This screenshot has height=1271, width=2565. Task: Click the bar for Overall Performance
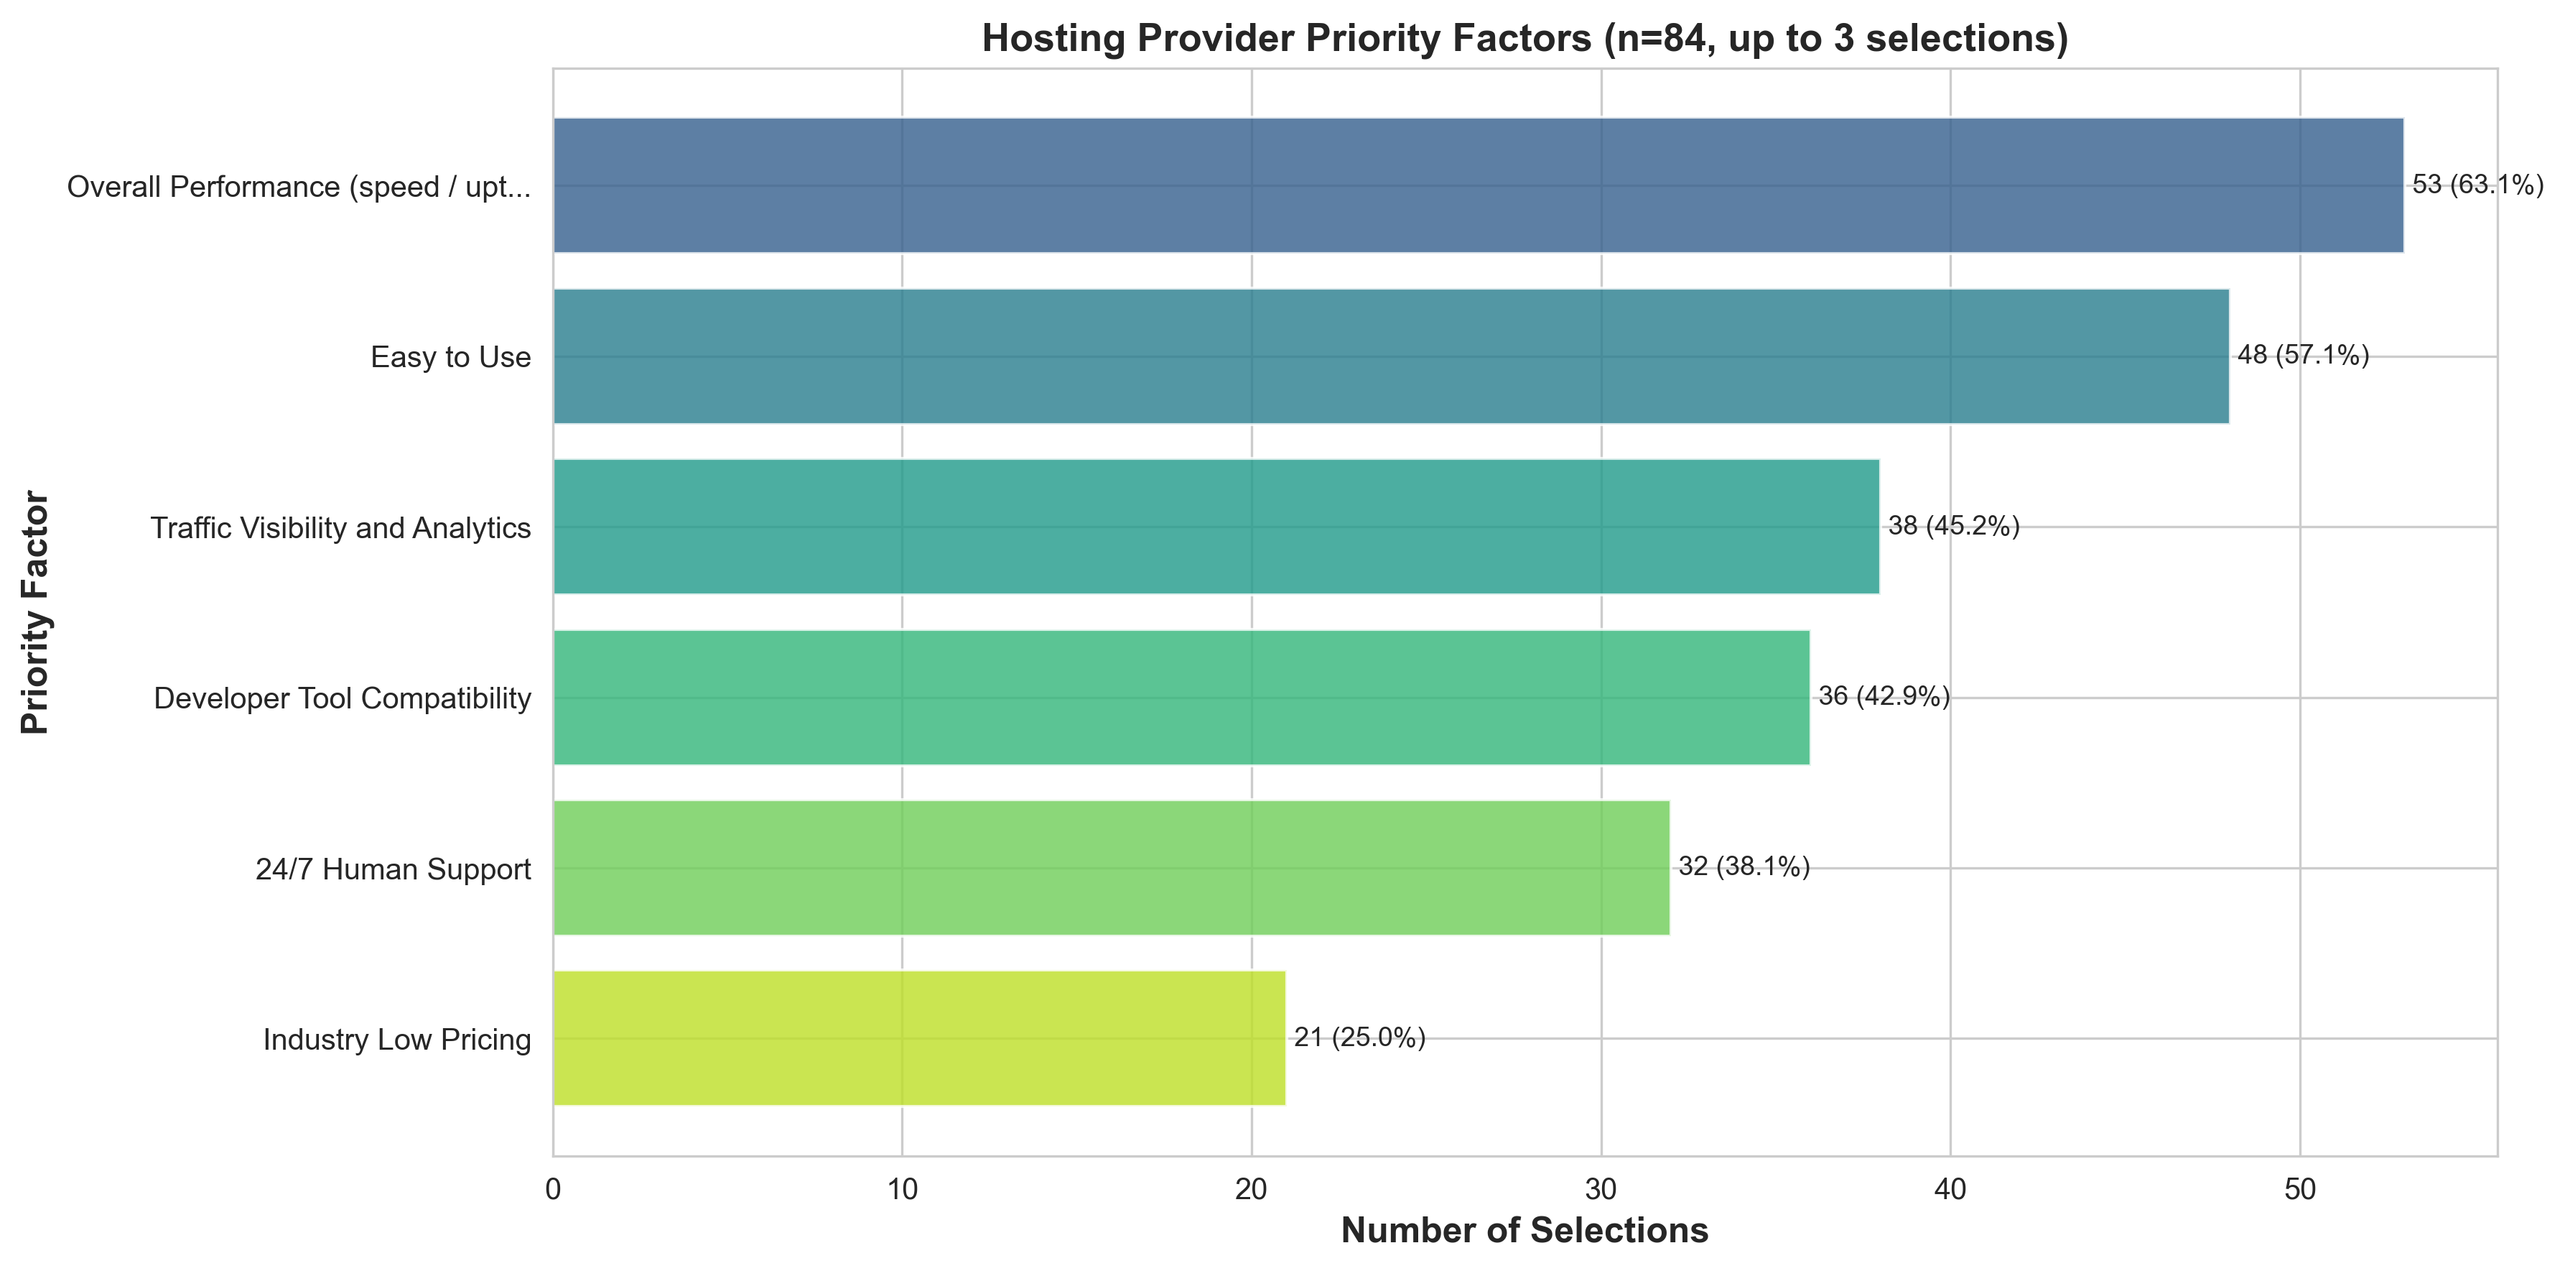1478,185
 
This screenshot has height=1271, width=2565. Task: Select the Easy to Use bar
1390,356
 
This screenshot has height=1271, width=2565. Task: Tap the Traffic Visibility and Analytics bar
1215,526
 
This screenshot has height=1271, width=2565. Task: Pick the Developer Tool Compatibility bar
1181,697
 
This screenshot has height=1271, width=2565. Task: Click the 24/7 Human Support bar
1110,868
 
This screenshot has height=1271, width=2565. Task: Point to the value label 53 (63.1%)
2477,185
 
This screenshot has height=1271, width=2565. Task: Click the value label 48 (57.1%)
2303,356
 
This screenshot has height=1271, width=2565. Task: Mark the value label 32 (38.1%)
1744,868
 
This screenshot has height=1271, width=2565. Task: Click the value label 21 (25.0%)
1359,1038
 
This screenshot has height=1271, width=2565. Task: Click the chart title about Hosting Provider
1524,39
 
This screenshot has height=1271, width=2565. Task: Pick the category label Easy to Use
450,356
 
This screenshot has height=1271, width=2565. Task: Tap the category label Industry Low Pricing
396,1040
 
